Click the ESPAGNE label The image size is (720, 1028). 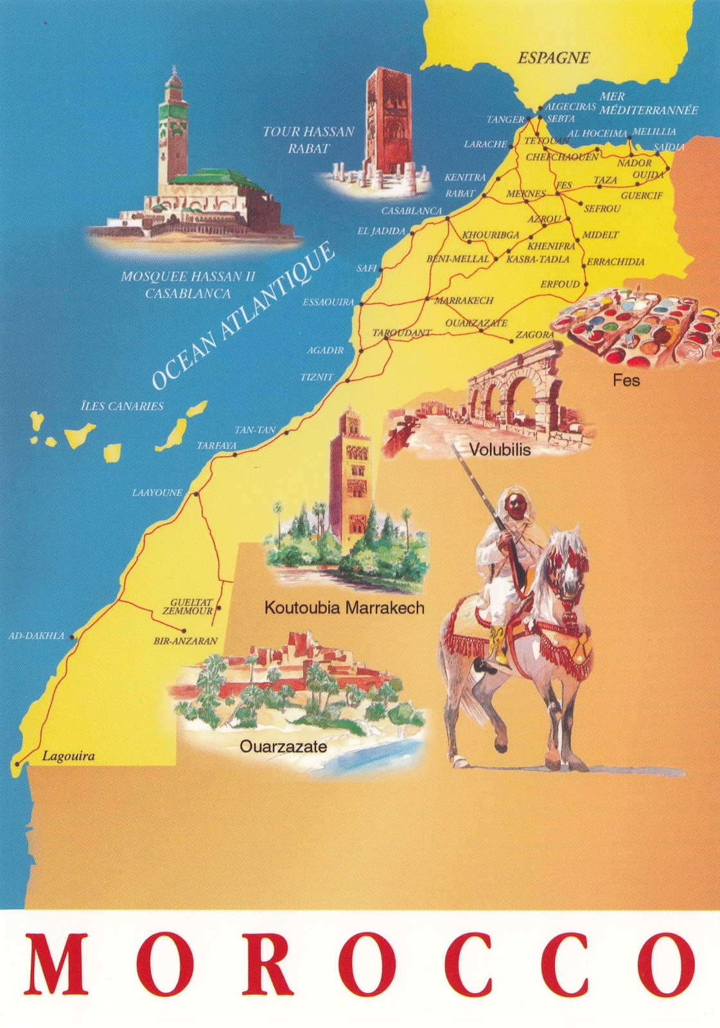[x=554, y=58]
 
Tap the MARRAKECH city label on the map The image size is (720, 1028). [x=464, y=300]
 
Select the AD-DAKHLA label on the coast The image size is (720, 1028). [x=37, y=636]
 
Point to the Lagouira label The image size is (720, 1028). [x=68, y=756]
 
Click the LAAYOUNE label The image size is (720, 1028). [x=157, y=493]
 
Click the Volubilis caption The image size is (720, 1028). [x=500, y=450]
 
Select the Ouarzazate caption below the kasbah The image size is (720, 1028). [x=283, y=747]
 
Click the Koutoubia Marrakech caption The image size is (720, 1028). [x=344, y=608]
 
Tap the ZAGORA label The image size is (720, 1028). [x=534, y=335]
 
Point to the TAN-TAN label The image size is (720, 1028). [x=255, y=430]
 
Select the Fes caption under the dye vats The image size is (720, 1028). [x=626, y=380]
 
